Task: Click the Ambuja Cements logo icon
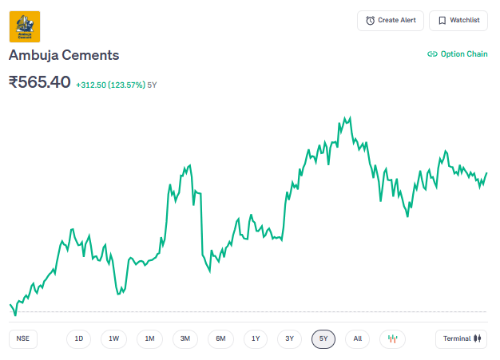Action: (x=25, y=26)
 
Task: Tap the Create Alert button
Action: (x=391, y=20)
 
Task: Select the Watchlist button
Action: (x=458, y=20)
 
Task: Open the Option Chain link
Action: (x=457, y=54)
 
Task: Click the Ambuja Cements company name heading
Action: (x=64, y=55)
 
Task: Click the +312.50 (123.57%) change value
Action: (x=110, y=85)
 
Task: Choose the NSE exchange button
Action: (x=23, y=338)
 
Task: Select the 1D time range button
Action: (x=79, y=338)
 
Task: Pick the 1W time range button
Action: (x=114, y=338)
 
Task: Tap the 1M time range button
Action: (x=149, y=338)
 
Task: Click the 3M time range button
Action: (x=185, y=338)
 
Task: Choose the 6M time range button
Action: (x=220, y=338)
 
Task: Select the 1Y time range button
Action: (x=256, y=338)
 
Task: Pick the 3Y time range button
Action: (x=290, y=338)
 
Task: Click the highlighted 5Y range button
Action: (x=323, y=338)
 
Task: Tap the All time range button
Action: (x=358, y=338)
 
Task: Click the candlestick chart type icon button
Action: (x=392, y=338)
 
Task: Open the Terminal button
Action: (x=462, y=338)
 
